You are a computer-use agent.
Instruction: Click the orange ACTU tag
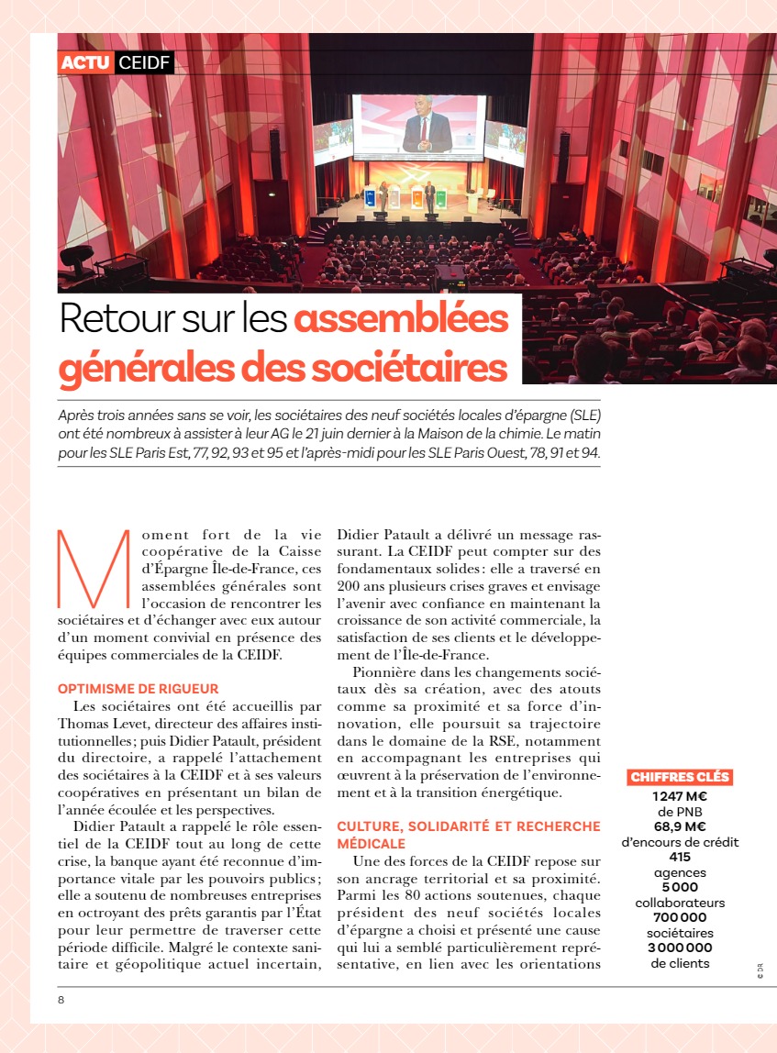[85, 62]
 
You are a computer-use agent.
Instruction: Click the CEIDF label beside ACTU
[143, 62]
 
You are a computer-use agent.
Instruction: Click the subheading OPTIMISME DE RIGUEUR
[139, 688]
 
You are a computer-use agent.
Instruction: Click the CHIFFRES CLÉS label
[680, 777]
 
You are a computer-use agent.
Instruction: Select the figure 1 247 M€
[680, 796]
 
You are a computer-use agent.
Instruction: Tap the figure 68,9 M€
[680, 826]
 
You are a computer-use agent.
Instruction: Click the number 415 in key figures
[680, 857]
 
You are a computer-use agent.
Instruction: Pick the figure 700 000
[680, 917]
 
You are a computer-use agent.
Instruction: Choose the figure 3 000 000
[680, 948]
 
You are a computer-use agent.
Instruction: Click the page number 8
[61, 1000]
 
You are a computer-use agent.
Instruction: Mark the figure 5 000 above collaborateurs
[680, 887]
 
